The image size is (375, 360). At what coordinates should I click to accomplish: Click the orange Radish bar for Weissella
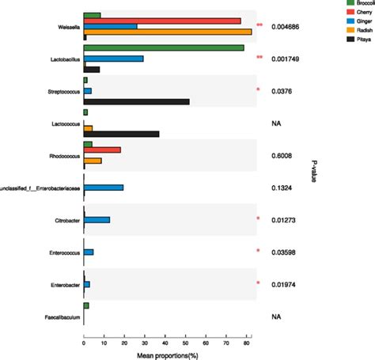coord(167,32)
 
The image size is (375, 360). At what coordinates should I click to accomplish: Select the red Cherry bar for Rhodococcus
coord(102,150)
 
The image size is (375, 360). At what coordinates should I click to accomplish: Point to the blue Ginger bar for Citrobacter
coord(97,219)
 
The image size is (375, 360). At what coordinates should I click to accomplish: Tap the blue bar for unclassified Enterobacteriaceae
coord(104,188)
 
